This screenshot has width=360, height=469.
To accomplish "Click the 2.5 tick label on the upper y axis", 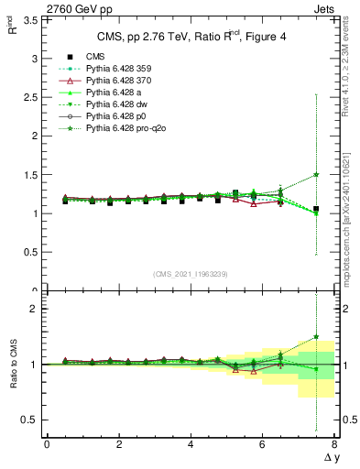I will [x=33, y=97].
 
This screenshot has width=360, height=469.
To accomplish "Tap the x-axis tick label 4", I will [x=191, y=443].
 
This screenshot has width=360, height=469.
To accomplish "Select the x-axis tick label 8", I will [x=334, y=443].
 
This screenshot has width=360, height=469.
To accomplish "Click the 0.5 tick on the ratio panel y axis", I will [x=33, y=420].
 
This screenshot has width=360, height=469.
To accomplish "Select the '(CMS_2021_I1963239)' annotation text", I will [x=191, y=274].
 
